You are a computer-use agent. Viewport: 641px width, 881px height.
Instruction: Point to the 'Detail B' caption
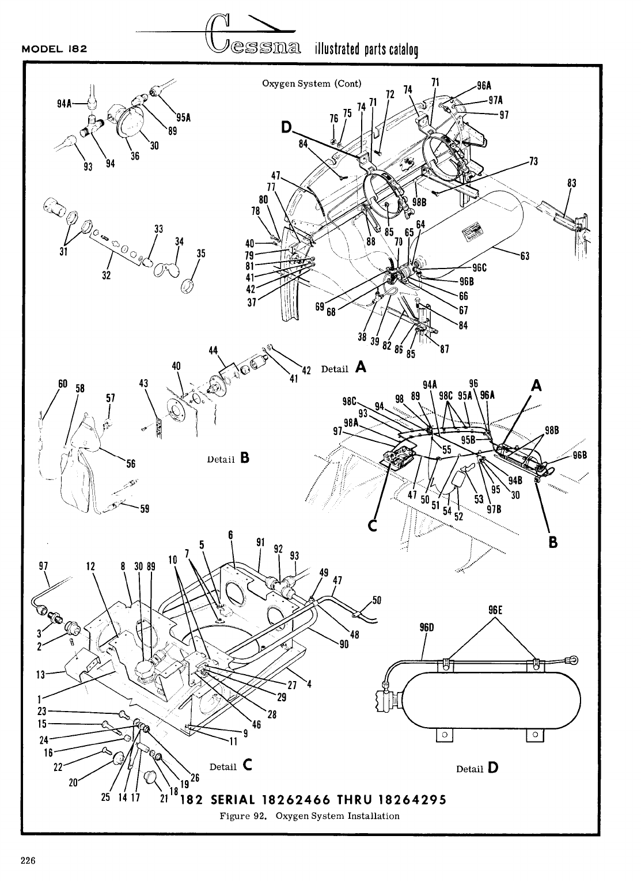tap(228, 458)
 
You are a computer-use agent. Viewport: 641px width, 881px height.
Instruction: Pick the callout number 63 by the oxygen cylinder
tap(525, 256)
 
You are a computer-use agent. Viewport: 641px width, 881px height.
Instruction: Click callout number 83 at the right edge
tap(571, 183)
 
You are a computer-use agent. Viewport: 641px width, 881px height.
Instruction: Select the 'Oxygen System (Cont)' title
tap(312, 83)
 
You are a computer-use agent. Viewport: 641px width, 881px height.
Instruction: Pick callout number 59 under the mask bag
tap(145, 508)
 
